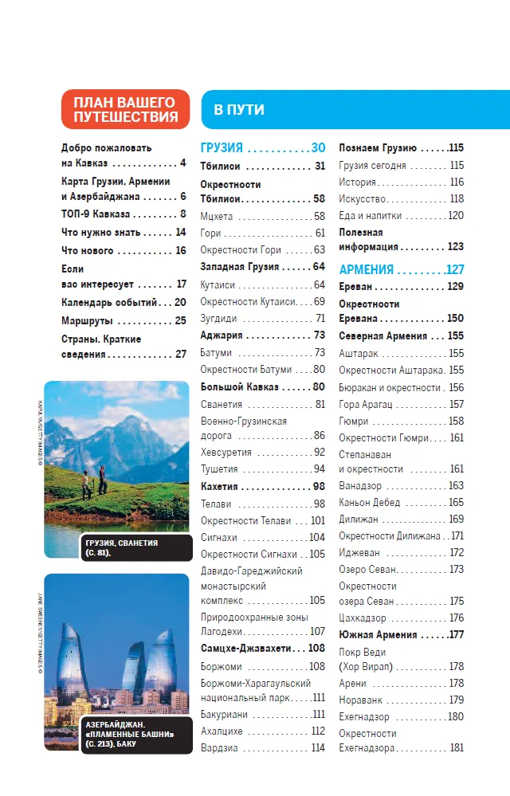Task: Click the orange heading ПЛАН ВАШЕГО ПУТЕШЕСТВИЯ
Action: pyautogui.click(x=126, y=109)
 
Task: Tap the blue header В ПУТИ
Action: pyautogui.click(x=239, y=110)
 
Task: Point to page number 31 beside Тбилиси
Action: pyautogui.click(x=320, y=167)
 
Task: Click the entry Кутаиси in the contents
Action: pyautogui.click(x=218, y=284)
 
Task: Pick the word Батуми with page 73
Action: pyautogui.click(x=218, y=352)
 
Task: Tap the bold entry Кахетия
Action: pyautogui.click(x=222, y=486)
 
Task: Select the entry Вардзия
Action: pyautogui.click(x=219, y=748)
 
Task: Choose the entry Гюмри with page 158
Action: pyautogui.click(x=354, y=421)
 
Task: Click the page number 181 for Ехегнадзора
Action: pyautogui.click(x=456, y=748)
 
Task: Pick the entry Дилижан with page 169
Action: pyautogui.click(x=359, y=519)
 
